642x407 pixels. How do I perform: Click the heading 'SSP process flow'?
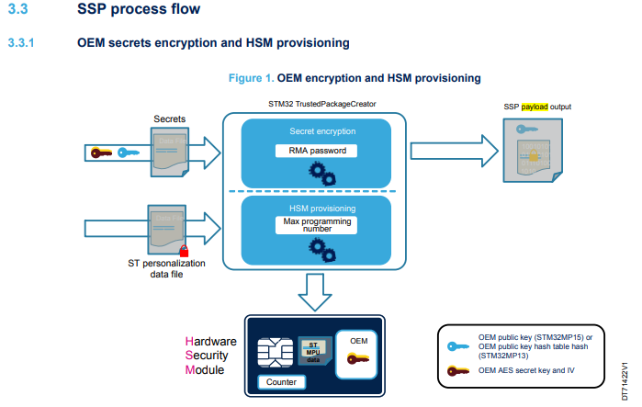(x=139, y=12)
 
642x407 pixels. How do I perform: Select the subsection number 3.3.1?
(x=21, y=43)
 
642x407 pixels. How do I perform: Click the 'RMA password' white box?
(x=316, y=151)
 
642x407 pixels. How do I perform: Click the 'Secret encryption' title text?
(x=316, y=131)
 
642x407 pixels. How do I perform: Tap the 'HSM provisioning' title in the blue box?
(x=316, y=208)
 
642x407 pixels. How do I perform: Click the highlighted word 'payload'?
(x=533, y=107)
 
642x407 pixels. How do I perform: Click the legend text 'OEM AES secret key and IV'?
(x=531, y=370)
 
